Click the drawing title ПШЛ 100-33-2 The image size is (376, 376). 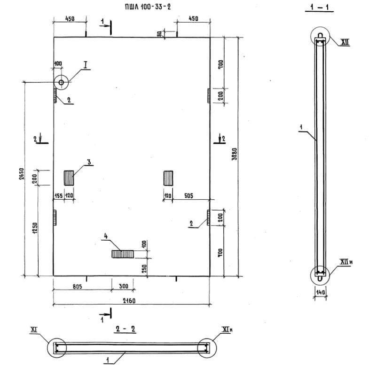[x=148, y=7]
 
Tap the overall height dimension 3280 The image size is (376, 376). [x=235, y=154]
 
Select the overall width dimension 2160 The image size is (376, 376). [x=129, y=300]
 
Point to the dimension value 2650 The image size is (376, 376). [x=21, y=174]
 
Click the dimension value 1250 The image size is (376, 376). [x=35, y=228]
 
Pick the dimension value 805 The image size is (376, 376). [x=77, y=286]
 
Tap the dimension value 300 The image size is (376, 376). [x=124, y=286]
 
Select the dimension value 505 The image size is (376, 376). [x=189, y=196]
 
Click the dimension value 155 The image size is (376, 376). [x=58, y=196]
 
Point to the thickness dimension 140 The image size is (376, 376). [x=321, y=292]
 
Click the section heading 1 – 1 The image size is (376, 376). [x=319, y=7]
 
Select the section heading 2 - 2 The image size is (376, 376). [x=125, y=329]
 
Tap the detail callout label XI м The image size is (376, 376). [x=227, y=329]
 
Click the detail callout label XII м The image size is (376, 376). [x=346, y=262]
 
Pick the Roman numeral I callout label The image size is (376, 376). [x=86, y=64]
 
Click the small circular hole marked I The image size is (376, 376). [x=61, y=82]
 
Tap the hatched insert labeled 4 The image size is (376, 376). [x=123, y=254]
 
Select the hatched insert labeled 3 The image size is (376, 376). [x=69, y=178]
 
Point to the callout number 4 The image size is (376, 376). [x=106, y=236]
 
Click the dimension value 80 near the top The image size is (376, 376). [x=159, y=34]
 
